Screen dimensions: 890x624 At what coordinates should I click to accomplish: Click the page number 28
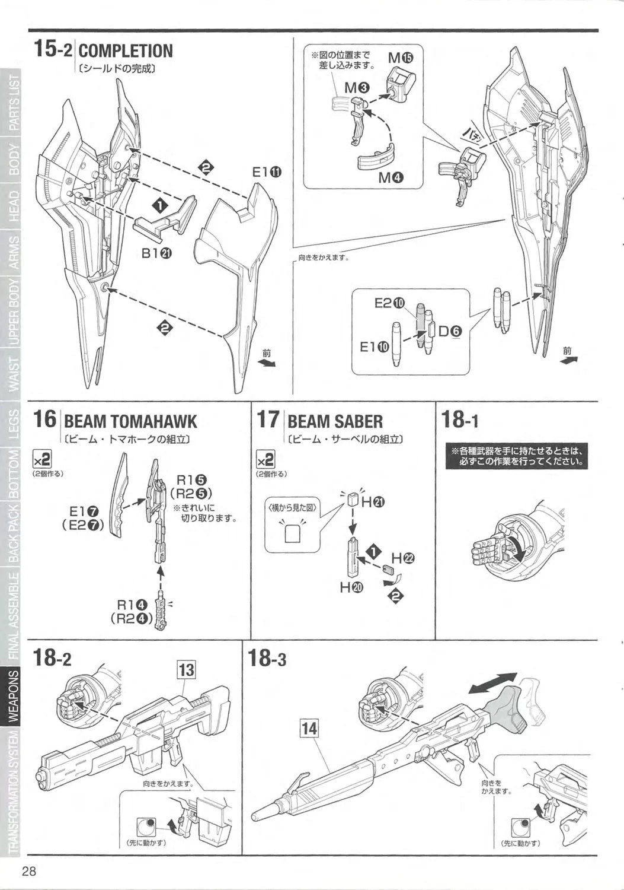point(30,872)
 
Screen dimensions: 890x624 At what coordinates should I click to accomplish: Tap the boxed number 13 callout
point(186,670)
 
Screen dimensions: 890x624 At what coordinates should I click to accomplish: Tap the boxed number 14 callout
point(309,727)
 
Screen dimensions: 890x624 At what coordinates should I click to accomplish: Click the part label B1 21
point(156,253)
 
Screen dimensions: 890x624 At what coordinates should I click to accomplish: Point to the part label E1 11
point(267,173)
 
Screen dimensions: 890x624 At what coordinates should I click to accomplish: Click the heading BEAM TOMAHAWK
point(130,422)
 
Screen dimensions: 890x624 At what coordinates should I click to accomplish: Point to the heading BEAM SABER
point(335,422)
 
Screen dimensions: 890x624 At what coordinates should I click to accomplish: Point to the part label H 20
point(352,587)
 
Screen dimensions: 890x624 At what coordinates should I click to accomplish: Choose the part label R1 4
point(132,605)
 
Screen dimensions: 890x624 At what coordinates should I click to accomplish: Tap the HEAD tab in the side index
point(13,206)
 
